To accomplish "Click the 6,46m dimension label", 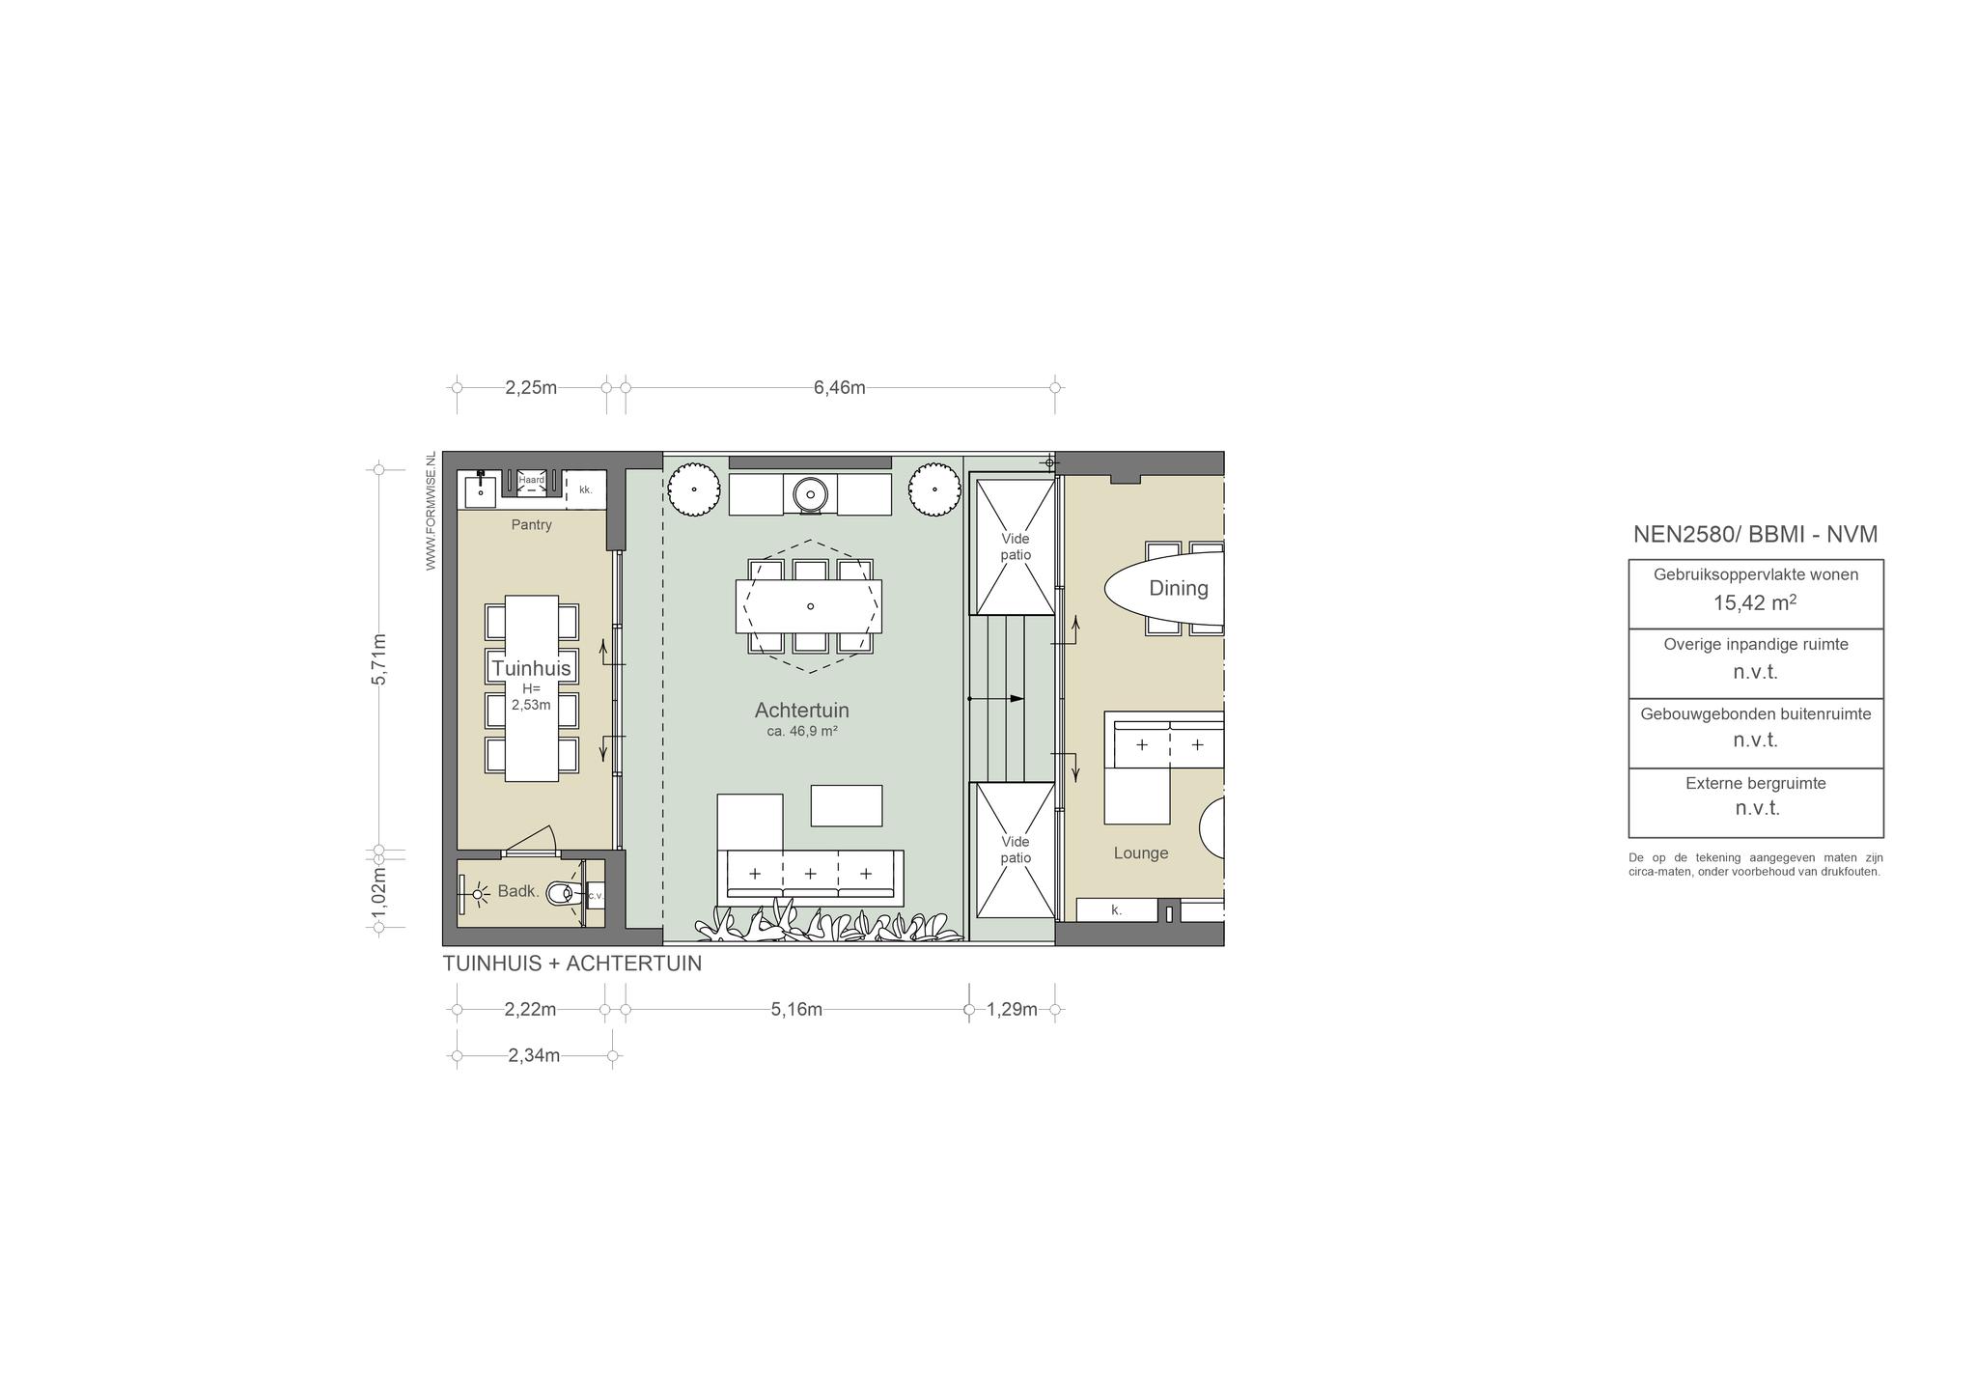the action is click(839, 388).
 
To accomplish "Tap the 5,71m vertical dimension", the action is click(379, 659).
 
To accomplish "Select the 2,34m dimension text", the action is click(534, 1055).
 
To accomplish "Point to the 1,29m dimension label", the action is click(1012, 1010).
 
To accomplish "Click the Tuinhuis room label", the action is click(531, 668).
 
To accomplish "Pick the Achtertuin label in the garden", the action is click(802, 711).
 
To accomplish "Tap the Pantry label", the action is click(532, 525).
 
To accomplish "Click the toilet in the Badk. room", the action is click(566, 894).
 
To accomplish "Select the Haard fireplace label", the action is click(532, 480).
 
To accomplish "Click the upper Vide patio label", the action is click(1016, 546).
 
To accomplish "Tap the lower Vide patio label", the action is click(1016, 850).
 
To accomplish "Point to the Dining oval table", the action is click(1164, 588).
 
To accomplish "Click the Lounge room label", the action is click(1141, 853).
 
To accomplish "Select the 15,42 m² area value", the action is click(1755, 603).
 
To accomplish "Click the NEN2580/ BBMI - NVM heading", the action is click(1755, 535).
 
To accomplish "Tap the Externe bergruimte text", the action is click(1756, 784).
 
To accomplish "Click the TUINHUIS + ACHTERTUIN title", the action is click(572, 964).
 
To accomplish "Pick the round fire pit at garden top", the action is click(810, 494).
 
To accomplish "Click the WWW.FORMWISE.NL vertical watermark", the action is click(431, 511).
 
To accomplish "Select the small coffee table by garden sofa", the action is click(847, 806).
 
